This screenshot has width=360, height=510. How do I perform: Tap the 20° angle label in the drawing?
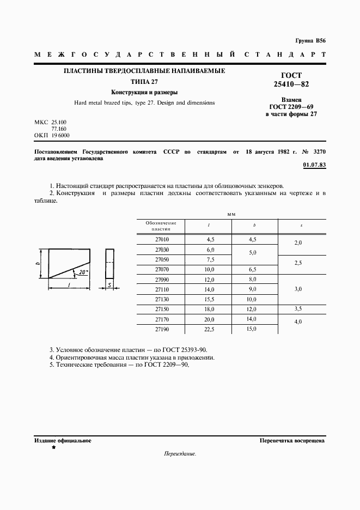[82, 271]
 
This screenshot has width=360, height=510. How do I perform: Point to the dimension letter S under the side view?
[109, 284]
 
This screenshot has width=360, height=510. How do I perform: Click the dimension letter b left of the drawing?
[41, 263]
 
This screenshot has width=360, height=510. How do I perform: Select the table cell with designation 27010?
[162, 239]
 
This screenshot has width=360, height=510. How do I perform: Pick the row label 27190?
[162, 329]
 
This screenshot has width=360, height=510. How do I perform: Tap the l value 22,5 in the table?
[210, 329]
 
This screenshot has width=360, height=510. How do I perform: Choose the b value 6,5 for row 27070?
[251, 269]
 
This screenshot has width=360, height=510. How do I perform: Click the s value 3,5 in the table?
[298, 309]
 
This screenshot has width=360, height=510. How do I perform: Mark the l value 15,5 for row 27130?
[210, 299]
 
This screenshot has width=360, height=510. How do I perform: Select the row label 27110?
[162, 289]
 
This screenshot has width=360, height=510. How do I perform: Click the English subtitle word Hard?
[80, 102]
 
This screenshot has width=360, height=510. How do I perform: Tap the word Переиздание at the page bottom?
[179, 453]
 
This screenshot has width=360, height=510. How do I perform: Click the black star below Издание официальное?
[53, 447]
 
